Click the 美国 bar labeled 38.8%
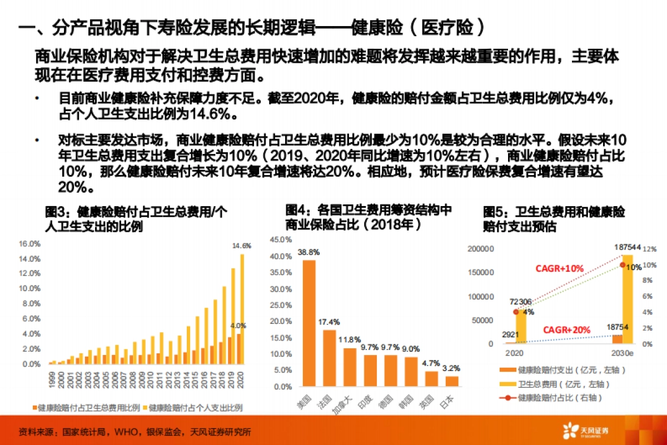(308, 323)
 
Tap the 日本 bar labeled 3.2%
(452, 381)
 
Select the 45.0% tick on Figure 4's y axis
(280, 240)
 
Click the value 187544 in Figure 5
(628, 247)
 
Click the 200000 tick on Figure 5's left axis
(481, 249)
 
